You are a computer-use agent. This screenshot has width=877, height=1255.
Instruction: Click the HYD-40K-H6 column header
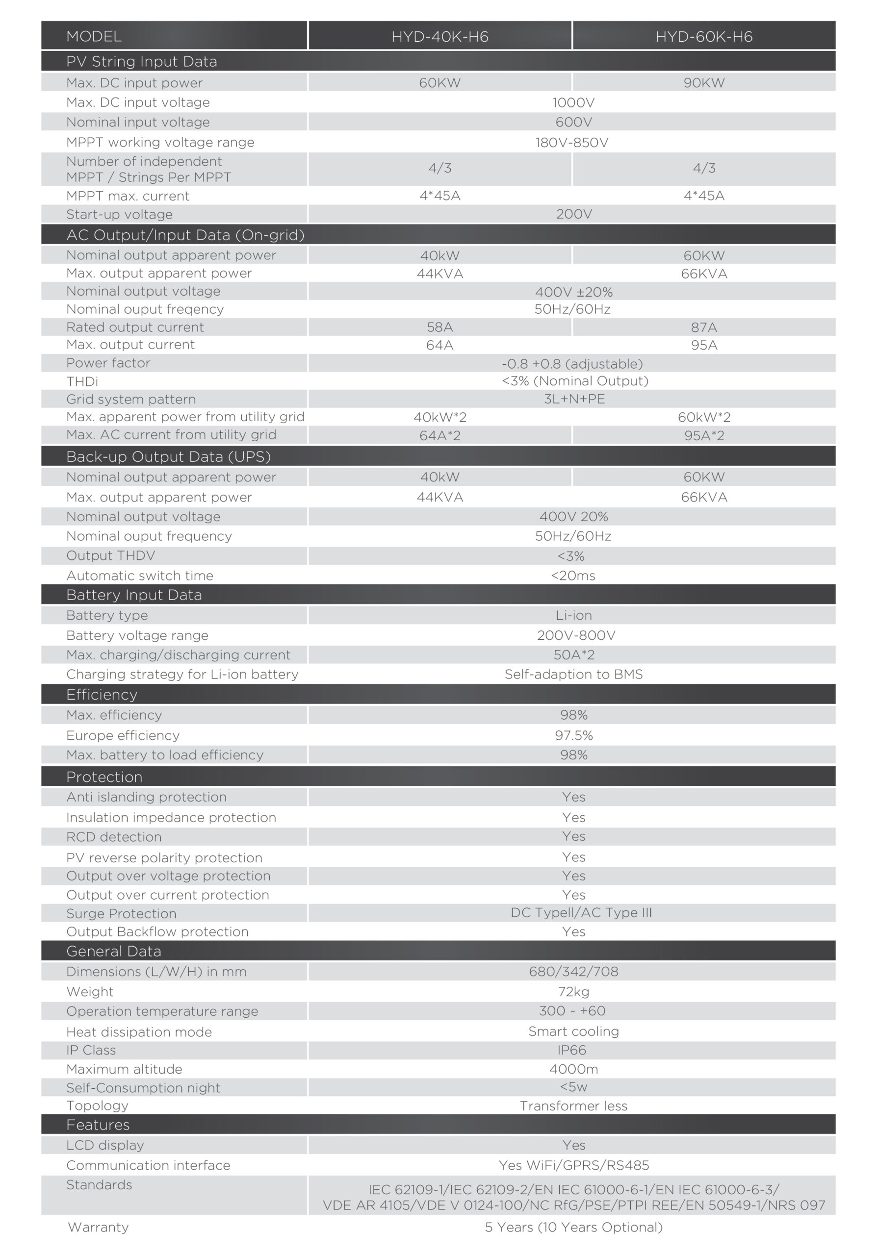tap(439, 37)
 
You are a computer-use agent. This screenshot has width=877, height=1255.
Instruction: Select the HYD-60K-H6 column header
tap(704, 37)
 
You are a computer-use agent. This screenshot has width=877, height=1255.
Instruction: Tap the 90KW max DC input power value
tap(704, 83)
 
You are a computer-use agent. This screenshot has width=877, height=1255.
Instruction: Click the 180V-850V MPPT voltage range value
tap(571, 143)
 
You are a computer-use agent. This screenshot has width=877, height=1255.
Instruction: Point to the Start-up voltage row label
tap(119, 214)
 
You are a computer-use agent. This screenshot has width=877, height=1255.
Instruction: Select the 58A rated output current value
tap(439, 327)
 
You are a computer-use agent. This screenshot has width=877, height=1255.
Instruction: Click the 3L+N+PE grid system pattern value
tap(574, 399)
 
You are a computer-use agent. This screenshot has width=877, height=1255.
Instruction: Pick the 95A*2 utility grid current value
tap(704, 436)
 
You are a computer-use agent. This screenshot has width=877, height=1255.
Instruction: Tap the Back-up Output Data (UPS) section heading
tap(168, 456)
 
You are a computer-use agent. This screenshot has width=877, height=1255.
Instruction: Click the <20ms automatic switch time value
tap(572, 576)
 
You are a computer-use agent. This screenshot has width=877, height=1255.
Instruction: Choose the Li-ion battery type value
tap(573, 615)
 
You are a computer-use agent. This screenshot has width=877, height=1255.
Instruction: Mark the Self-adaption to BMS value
tap(573, 675)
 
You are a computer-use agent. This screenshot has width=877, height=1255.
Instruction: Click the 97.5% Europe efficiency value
tap(573, 735)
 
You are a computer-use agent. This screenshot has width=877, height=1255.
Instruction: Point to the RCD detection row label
tap(114, 837)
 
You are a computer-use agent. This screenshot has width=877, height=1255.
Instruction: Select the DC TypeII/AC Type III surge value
tap(581, 912)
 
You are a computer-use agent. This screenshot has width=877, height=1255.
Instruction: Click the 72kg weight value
tap(573, 992)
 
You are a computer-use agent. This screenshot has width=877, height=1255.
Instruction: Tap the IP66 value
tap(571, 1050)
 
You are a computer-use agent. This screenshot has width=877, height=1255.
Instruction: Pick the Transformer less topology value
tap(573, 1106)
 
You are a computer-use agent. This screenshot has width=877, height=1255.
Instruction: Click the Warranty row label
tap(98, 1227)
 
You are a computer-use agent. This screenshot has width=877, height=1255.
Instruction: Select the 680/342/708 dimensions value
tap(573, 971)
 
